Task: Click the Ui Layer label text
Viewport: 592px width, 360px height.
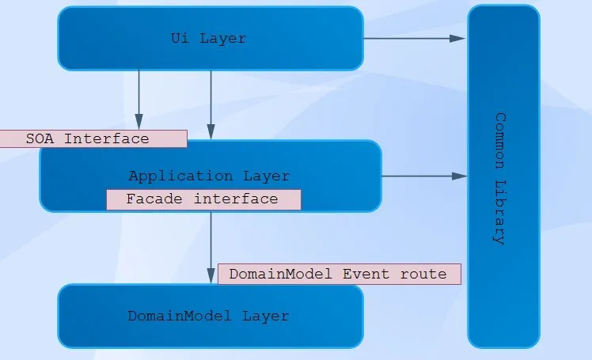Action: [x=208, y=38]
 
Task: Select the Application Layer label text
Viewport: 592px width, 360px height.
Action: [x=209, y=176]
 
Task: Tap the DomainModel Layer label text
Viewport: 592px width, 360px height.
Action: [x=208, y=316]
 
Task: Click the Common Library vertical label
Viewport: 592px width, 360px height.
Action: [x=500, y=179]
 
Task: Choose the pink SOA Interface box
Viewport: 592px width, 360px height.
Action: [x=93, y=139]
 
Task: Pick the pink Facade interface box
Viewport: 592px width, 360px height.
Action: [x=204, y=199]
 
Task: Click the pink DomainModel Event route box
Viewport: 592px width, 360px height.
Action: [x=340, y=274]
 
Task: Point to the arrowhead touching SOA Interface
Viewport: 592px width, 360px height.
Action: [x=139, y=122]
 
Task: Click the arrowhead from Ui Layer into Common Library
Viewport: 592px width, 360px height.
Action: [x=457, y=39]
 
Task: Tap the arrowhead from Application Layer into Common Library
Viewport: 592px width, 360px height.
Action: [x=460, y=176]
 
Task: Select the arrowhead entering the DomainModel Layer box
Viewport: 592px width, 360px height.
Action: [x=211, y=276]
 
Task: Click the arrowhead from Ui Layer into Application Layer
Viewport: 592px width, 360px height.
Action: [x=211, y=132]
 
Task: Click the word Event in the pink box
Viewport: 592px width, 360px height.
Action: [x=366, y=274]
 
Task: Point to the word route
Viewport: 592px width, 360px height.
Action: [x=423, y=275]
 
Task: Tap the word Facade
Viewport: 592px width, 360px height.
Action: [x=154, y=199]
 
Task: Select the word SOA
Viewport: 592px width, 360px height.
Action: [x=40, y=139]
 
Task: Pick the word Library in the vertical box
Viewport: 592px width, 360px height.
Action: [x=500, y=213]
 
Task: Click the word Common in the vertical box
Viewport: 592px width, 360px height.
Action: [x=500, y=140]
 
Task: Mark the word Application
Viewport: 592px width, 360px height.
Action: [x=181, y=176]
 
